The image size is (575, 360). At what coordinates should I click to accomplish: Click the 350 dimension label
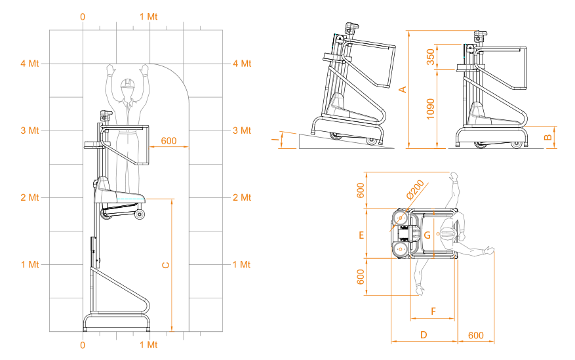coord(431,57)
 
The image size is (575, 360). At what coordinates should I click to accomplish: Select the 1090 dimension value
coord(431,109)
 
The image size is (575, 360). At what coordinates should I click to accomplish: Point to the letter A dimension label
coord(403,89)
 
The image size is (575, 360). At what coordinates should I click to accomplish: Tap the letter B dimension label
coord(548,138)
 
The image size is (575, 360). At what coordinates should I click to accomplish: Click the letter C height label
coord(166,265)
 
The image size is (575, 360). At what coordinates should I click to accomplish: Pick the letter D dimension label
coord(424,334)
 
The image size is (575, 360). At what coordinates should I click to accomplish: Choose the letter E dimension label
coord(361,235)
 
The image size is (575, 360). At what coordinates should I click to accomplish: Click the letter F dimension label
coord(433,311)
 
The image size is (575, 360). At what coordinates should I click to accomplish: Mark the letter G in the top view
coord(427,235)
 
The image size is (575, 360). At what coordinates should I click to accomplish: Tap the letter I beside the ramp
coord(275,140)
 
